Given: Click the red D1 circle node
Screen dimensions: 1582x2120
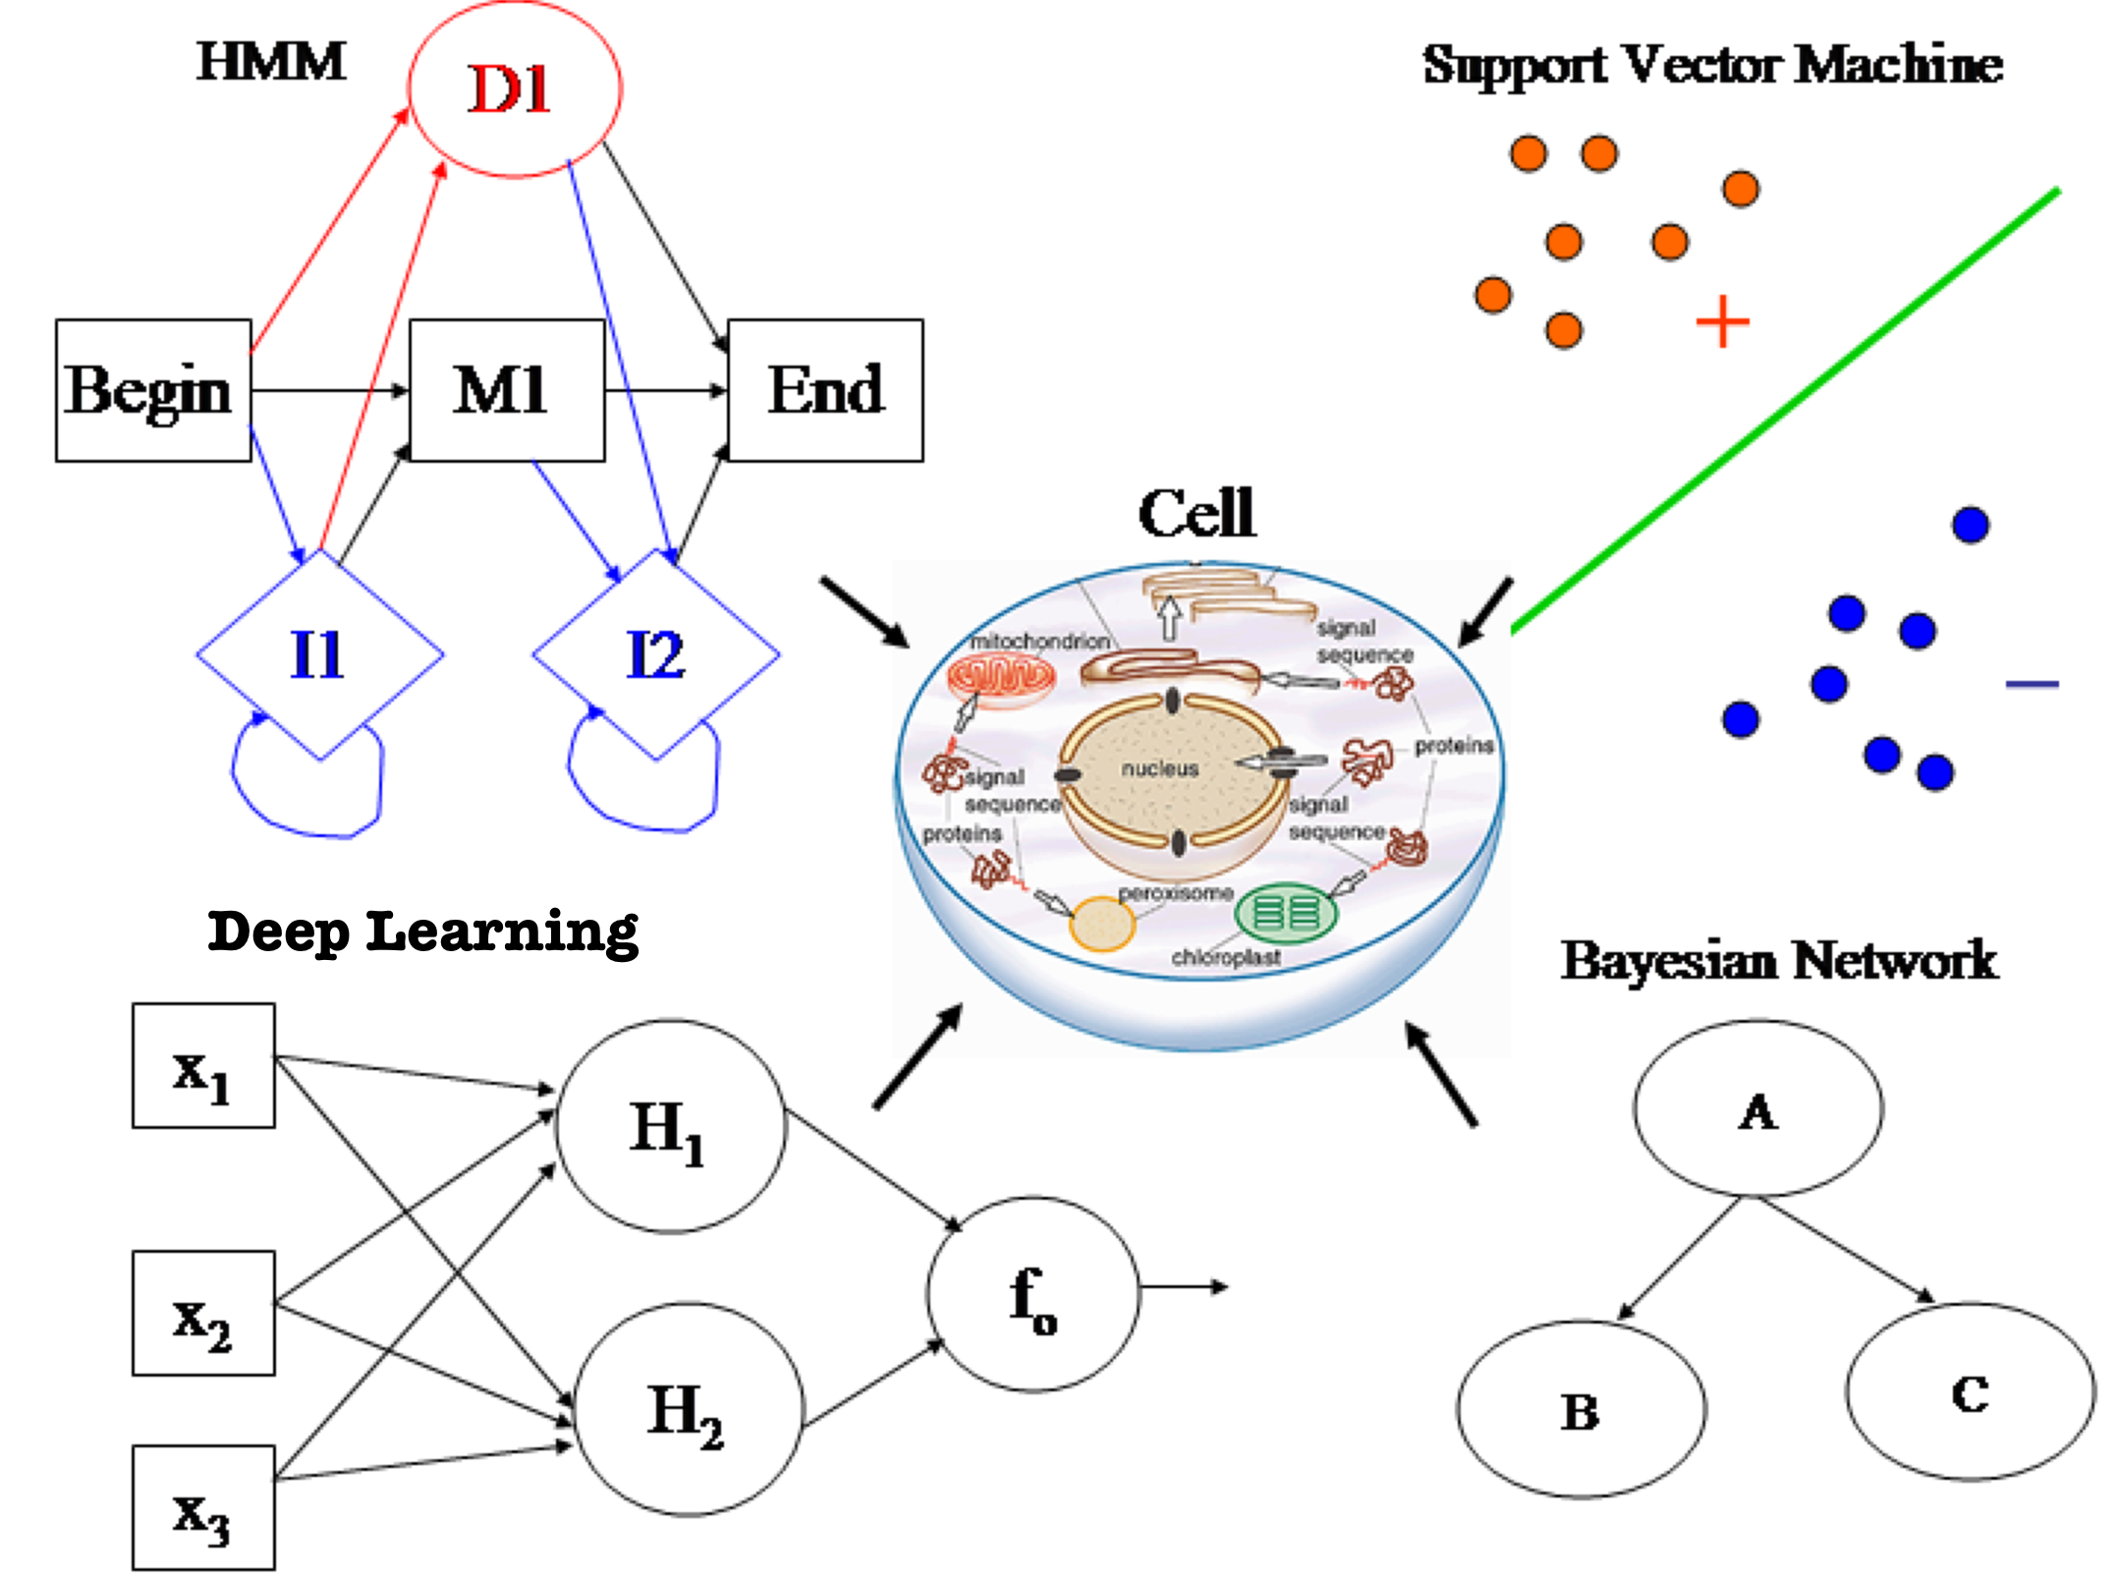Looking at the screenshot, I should [515, 88].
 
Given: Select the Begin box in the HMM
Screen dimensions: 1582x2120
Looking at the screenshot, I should [153, 390].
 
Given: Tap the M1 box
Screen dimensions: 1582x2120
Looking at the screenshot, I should [507, 390].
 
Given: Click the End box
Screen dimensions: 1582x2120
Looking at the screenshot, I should [825, 390].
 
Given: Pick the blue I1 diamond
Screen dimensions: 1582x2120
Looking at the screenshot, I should [319, 654].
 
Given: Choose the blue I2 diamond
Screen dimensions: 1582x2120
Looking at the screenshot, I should [655, 654].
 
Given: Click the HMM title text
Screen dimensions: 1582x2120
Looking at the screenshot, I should [271, 62].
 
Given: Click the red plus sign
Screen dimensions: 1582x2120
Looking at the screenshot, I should [1723, 322].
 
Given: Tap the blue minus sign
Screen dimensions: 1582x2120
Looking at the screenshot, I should [2032, 684].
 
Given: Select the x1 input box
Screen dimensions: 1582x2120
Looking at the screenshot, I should [203, 1066].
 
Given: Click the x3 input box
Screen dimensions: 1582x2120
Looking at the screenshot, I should [203, 1507].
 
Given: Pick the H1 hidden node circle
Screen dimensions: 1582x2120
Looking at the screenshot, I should [671, 1126].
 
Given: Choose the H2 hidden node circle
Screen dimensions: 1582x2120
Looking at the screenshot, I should [688, 1409].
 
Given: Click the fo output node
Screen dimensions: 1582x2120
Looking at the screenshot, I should [1032, 1295].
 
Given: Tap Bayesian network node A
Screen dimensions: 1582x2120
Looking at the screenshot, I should [1757, 1108].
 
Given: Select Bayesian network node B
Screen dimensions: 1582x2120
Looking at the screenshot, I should [1581, 1409].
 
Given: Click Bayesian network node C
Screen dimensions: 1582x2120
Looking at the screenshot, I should [1970, 1391].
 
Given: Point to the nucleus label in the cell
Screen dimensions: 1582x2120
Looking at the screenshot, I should [1160, 769].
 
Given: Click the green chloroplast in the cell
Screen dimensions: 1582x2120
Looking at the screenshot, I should [1286, 913].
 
